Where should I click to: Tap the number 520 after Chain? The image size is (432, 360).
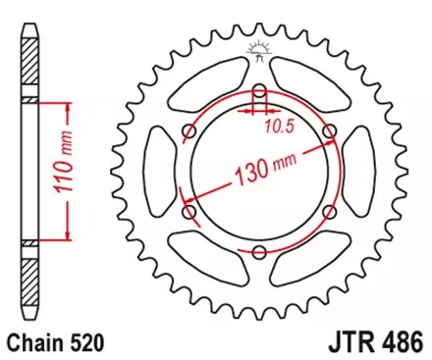click(85, 344)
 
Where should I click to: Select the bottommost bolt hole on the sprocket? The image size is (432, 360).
click(259, 252)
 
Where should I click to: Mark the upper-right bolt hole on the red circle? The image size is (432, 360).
click(329, 131)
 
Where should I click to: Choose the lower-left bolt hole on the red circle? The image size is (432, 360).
click(189, 212)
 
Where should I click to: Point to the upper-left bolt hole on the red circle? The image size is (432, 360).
click(189, 131)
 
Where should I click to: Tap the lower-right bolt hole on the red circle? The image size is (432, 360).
click(329, 212)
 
